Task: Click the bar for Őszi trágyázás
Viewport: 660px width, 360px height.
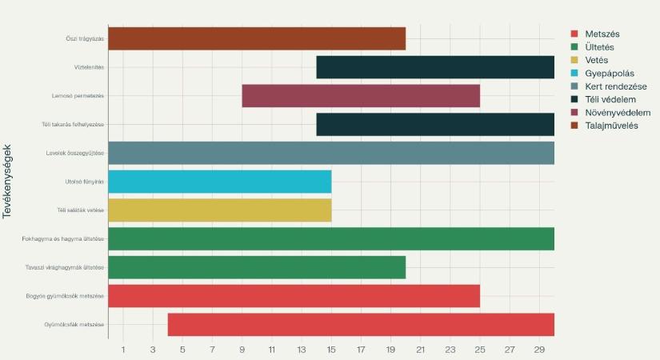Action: point(257,38)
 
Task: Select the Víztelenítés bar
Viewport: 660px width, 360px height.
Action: point(435,67)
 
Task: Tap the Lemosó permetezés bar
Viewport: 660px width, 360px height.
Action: point(361,96)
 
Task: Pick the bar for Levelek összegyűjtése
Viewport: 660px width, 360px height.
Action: point(331,153)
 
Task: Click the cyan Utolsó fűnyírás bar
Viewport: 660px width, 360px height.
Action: point(219,182)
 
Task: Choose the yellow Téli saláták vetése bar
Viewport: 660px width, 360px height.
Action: point(219,210)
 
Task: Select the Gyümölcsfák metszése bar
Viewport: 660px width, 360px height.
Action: point(361,325)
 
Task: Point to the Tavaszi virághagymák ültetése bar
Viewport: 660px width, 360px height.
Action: point(257,267)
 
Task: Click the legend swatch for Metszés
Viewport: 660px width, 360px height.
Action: point(574,34)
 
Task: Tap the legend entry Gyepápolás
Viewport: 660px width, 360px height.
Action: point(610,74)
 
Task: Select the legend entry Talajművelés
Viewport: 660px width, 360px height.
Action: point(611,126)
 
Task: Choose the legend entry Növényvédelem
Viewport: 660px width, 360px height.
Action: point(618,113)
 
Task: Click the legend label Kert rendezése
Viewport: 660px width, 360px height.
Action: point(615,86)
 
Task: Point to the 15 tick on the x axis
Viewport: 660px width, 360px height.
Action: point(331,350)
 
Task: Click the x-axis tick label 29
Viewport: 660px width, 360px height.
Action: point(539,350)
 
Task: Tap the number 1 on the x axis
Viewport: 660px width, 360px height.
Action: point(123,350)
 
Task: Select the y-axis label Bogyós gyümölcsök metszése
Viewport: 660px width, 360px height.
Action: point(65,296)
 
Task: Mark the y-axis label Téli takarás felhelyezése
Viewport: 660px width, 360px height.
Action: point(73,125)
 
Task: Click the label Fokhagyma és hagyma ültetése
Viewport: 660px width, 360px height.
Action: point(63,239)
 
